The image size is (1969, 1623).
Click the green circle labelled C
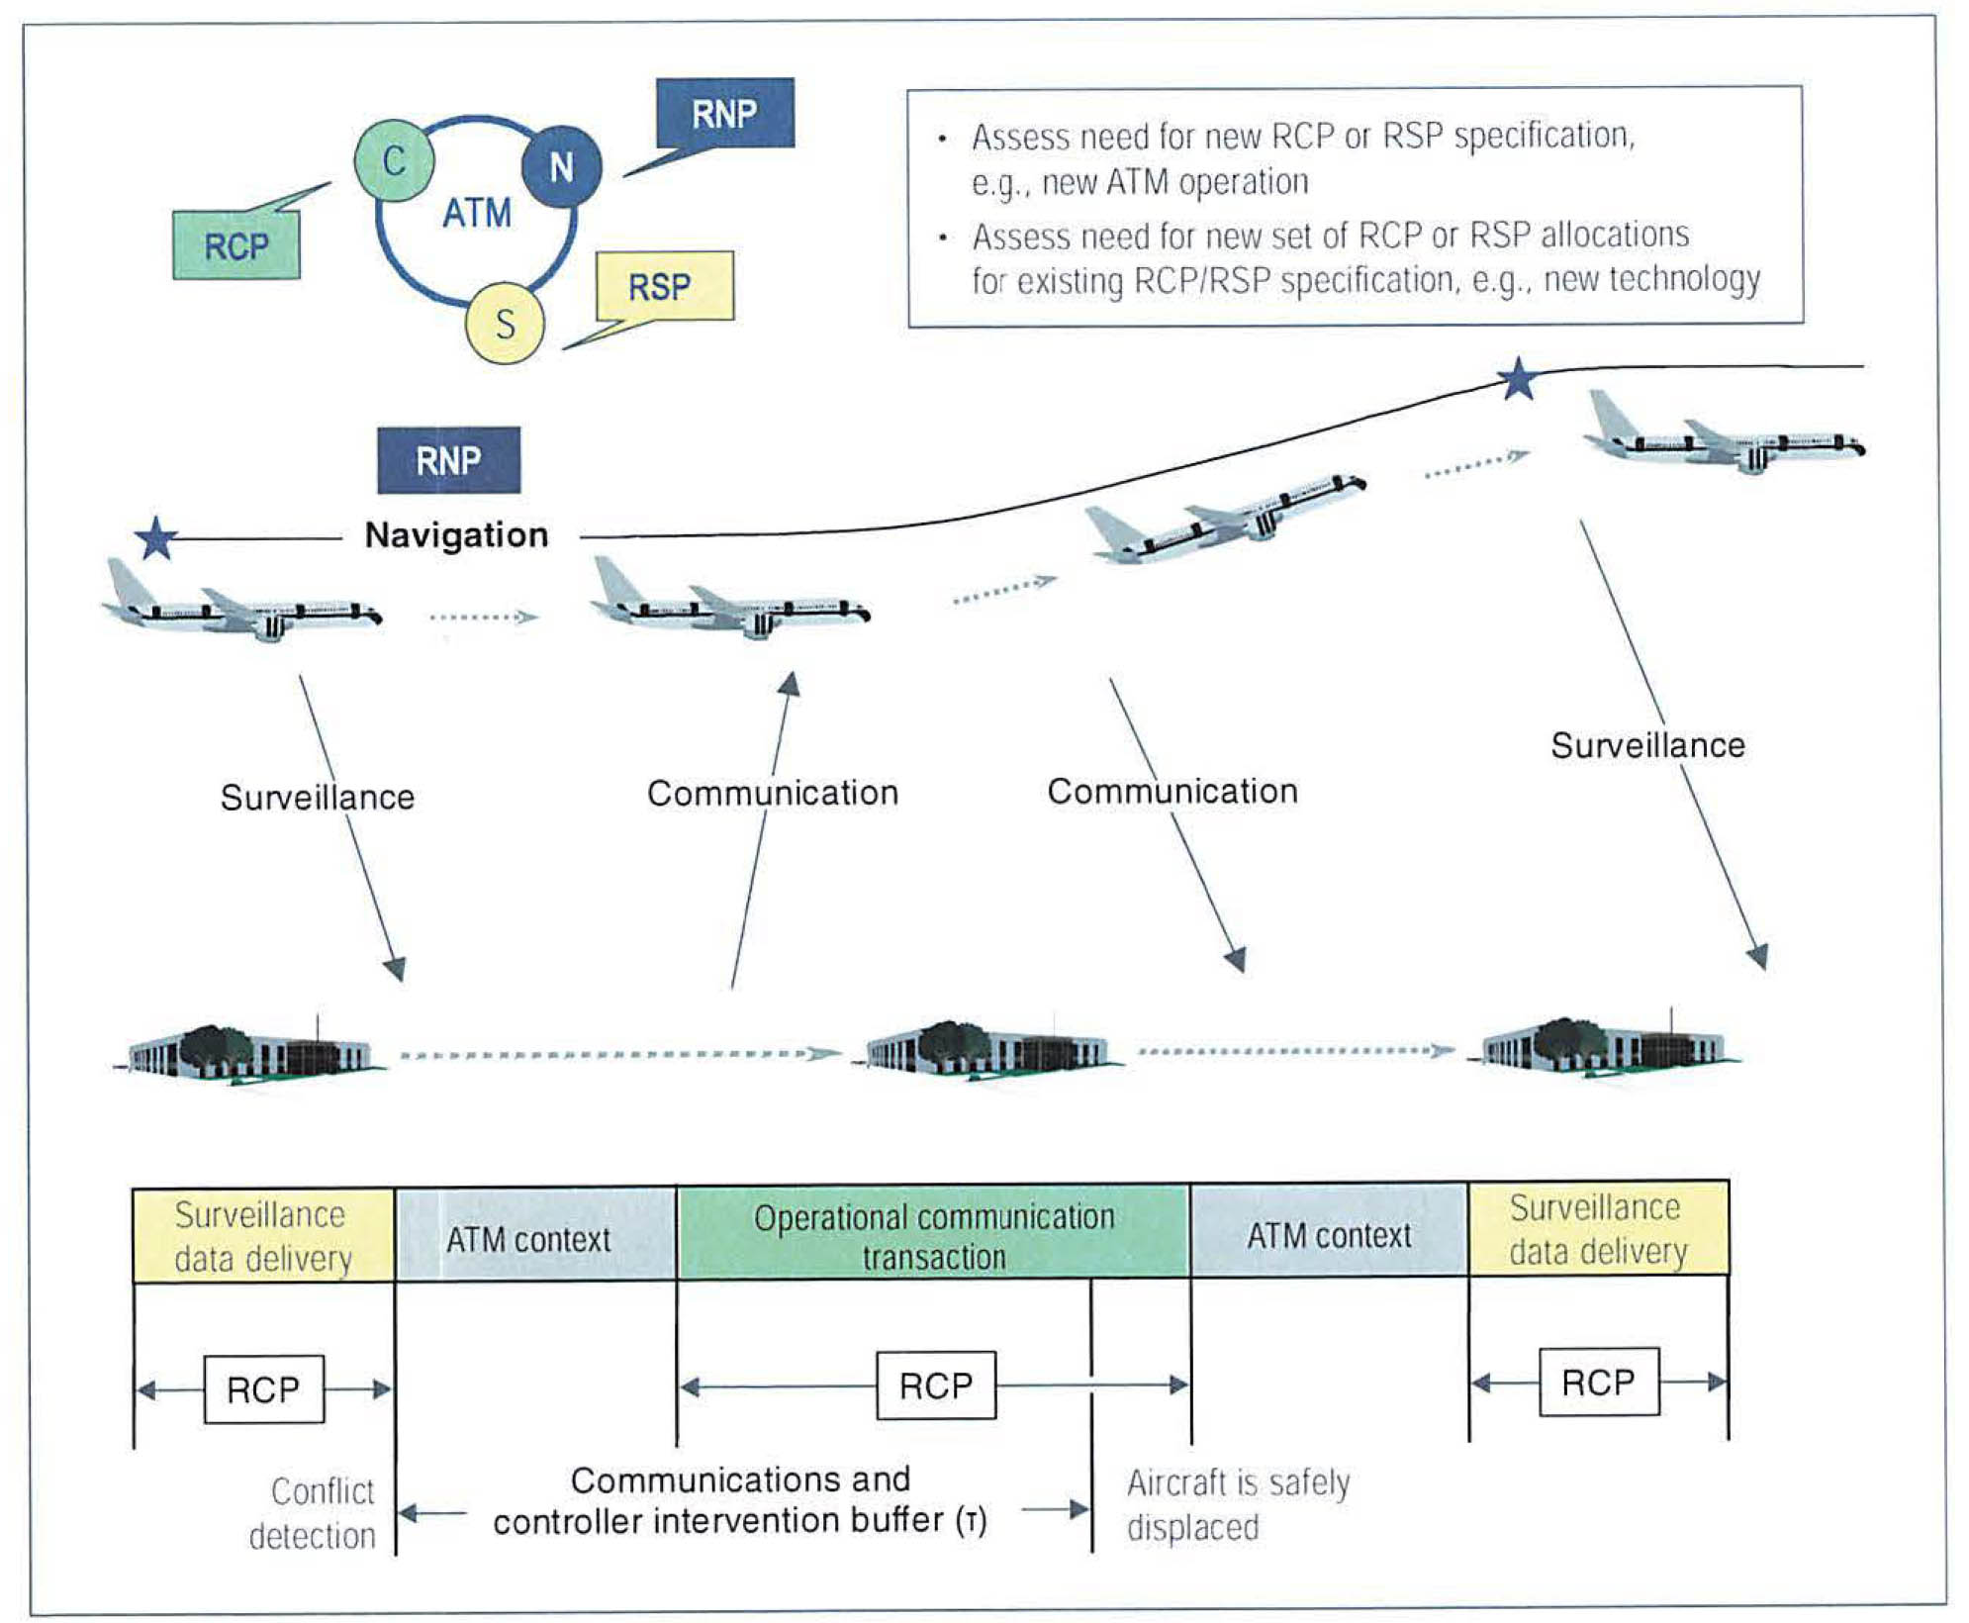pyautogui.click(x=394, y=160)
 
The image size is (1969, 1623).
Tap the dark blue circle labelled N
pyautogui.click(x=561, y=166)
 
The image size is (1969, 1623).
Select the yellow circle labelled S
pyautogui.click(x=505, y=324)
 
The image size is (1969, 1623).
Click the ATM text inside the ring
pyautogui.click(x=477, y=213)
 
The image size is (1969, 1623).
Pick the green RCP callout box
pyautogui.click(x=236, y=245)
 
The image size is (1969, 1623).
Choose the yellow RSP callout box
pyautogui.click(x=664, y=287)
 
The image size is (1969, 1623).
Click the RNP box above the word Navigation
pyautogui.click(x=448, y=460)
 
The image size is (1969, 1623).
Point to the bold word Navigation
pyautogui.click(x=456, y=535)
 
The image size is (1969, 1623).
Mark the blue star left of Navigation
pyautogui.click(x=156, y=539)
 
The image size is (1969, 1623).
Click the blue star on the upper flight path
pyautogui.click(x=1518, y=379)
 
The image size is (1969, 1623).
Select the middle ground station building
pyautogui.click(x=987, y=1052)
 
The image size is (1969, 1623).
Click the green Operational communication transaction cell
pyautogui.click(x=933, y=1235)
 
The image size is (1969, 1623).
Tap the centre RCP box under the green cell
pyautogui.click(x=936, y=1385)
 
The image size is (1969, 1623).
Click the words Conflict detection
pyautogui.click(x=314, y=1513)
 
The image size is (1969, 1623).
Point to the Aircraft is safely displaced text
pyautogui.click(x=1237, y=1504)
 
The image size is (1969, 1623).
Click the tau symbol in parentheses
pyautogui.click(x=972, y=1520)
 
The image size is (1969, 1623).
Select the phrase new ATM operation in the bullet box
pyautogui.click(x=1174, y=183)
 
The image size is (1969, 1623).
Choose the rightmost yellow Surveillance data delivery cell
pyautogui.click(x=1597, y=1229)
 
